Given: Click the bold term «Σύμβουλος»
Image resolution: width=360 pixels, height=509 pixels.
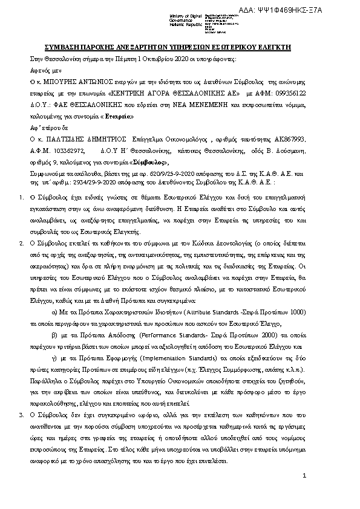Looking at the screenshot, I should tap(146, 163).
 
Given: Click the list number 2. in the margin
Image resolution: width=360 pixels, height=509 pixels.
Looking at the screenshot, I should tap(22, 242).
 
